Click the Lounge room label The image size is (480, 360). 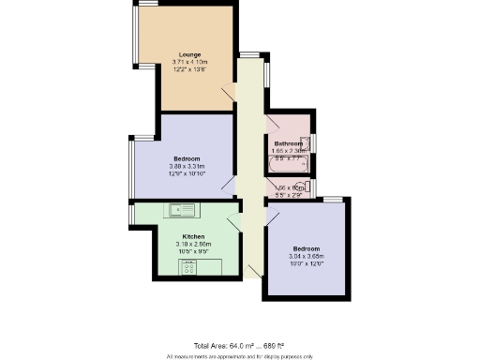click(x=189, y=54)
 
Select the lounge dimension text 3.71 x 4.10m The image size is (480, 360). click(x=189, y=63)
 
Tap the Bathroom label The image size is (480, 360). click(x=289, y=142)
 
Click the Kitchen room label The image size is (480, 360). click(x=194, y=236)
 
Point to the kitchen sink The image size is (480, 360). click(x=180, y=209)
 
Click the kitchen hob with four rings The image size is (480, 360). click(x=187, y=268)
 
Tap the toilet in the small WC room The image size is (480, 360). click(x=308, y=187)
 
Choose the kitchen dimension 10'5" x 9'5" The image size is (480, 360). click(x=194, y=251)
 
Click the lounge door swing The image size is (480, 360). click(x=228, y=95)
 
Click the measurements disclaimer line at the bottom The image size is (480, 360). click(x=240, y=356)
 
